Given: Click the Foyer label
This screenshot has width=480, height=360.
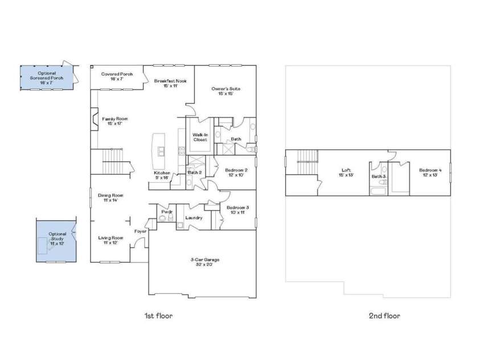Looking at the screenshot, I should pos(140,231).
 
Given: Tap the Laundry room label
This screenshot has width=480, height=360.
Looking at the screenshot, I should pos(194,218).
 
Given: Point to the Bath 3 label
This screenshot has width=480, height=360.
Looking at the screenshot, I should pos(379,177).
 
